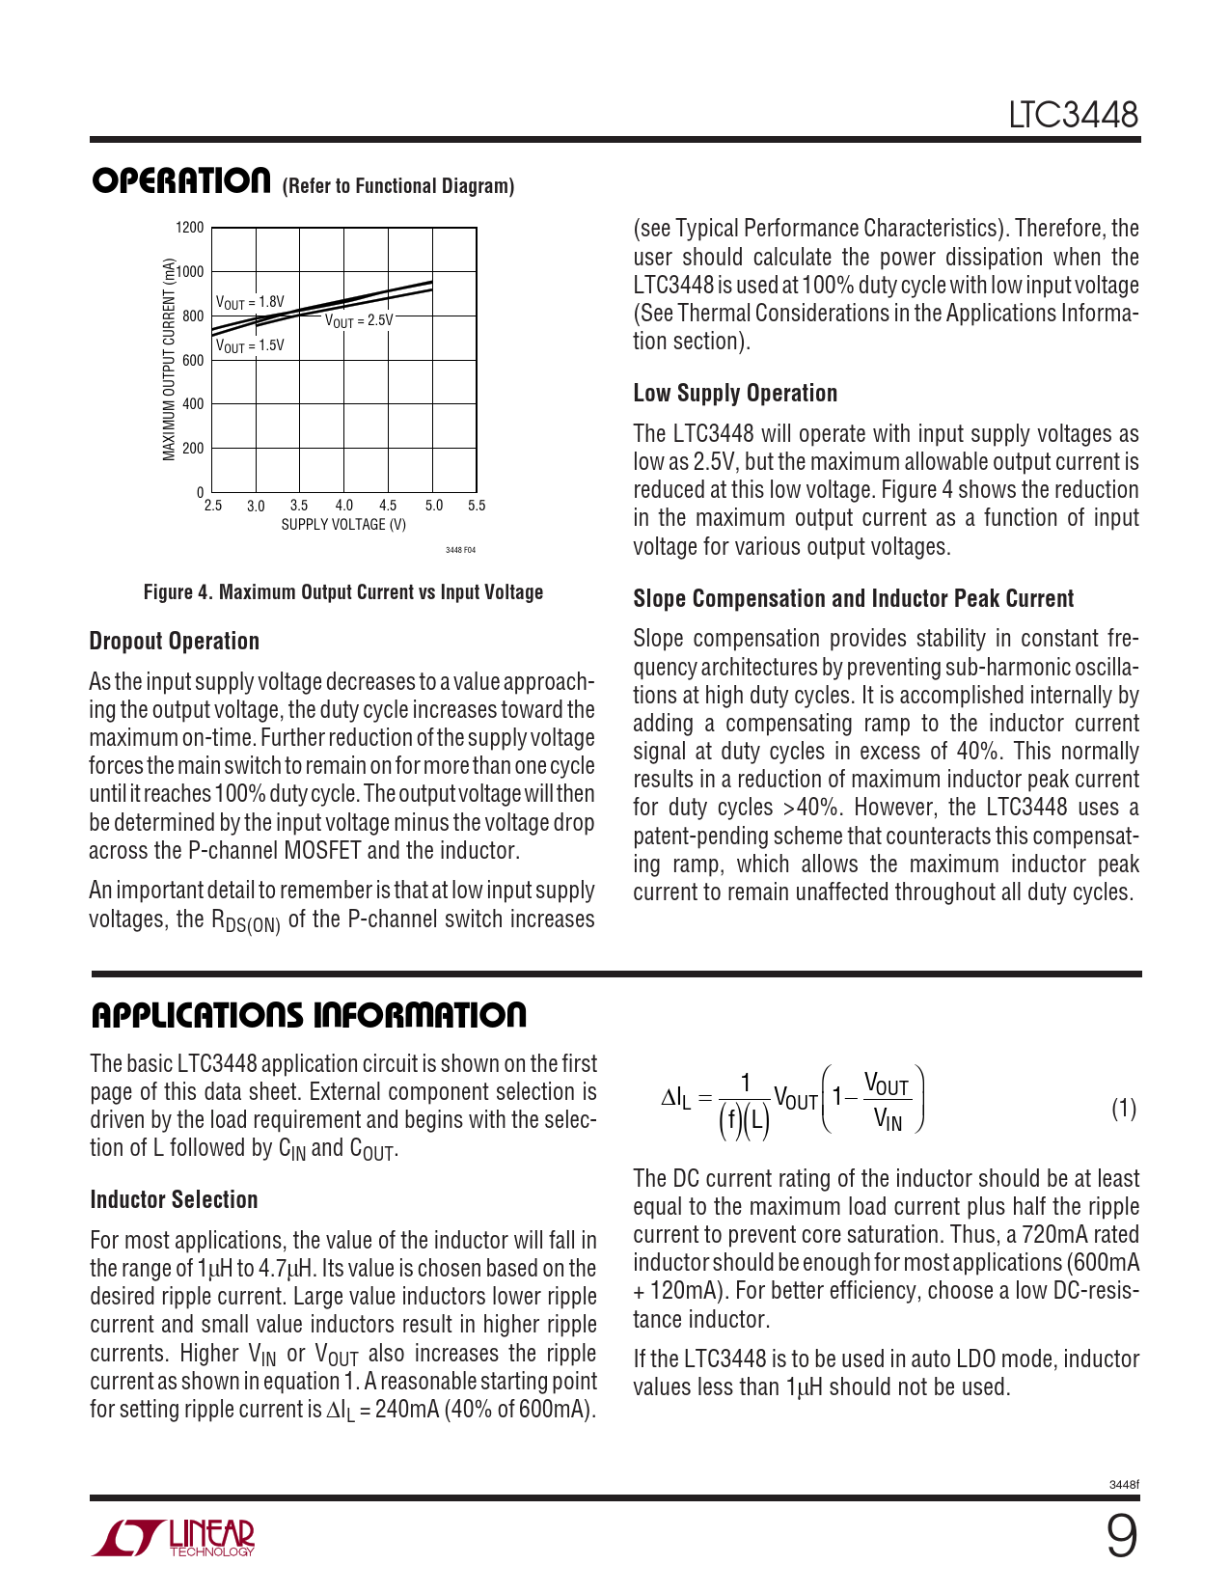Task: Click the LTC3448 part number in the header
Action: click(1073, 115)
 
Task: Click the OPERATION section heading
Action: click(180, 180)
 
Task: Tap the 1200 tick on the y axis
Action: click(190, 228)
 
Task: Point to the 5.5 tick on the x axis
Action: click(477, 506)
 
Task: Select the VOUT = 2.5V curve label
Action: click(359, 320)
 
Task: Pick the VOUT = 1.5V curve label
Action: click(250, 345)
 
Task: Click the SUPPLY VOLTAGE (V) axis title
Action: click(343, 525)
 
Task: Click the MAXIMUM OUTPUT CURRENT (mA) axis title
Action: click(170, 359)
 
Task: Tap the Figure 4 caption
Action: click(342, 592)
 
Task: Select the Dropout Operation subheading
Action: click(174, 642)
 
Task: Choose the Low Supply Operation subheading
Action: click(735, 394)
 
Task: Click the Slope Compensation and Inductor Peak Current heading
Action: click(853, 599)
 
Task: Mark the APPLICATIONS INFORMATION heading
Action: click(309, 1015)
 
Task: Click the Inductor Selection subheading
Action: click(174, 1200)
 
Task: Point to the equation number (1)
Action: click(1124, 1109)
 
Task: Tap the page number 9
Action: click(1121, 1538)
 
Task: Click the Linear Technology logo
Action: click(174, 1538)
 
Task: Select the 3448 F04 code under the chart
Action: click(460, 550)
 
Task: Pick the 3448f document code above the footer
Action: click(1124, 1485)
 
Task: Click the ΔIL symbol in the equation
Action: click(675, 1098)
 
